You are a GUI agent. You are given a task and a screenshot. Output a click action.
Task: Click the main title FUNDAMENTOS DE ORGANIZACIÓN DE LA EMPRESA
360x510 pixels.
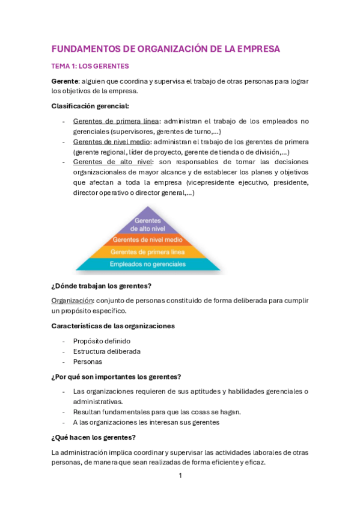tap(166, 49)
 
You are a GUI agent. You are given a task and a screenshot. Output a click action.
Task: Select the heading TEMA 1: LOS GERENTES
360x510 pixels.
tap(90, 66)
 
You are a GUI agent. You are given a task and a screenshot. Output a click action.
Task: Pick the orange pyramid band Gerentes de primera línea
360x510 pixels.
tap(148, 252)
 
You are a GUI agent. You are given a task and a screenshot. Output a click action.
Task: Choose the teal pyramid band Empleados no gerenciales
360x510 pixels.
tap(148, 264)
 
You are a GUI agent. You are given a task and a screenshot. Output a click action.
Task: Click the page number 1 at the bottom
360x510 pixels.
tap(180, 476)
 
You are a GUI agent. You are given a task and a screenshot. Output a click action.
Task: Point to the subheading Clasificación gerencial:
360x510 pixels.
tap(90, 106)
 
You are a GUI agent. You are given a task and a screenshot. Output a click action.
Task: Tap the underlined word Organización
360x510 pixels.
tap(72, 300)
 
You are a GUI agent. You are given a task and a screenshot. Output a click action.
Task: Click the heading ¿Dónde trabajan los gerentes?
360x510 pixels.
tap(102, 286)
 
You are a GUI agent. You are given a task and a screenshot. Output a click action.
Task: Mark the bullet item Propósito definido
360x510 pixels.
tap(102, 341)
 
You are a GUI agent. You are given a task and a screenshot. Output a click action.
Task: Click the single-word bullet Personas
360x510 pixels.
tap(88, 361)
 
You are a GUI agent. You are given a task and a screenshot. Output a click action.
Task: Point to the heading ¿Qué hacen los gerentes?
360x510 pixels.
tap(94, 437)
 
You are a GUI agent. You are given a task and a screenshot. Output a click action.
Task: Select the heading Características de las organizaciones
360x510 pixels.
tap(113, 326)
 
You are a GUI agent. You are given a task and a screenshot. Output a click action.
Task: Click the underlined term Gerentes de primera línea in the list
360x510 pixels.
tap(116, 121)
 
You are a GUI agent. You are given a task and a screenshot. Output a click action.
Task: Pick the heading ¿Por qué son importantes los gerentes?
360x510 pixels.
tap(116, 377)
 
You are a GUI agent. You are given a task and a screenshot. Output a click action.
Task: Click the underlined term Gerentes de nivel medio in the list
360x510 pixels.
tap(111, 142)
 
